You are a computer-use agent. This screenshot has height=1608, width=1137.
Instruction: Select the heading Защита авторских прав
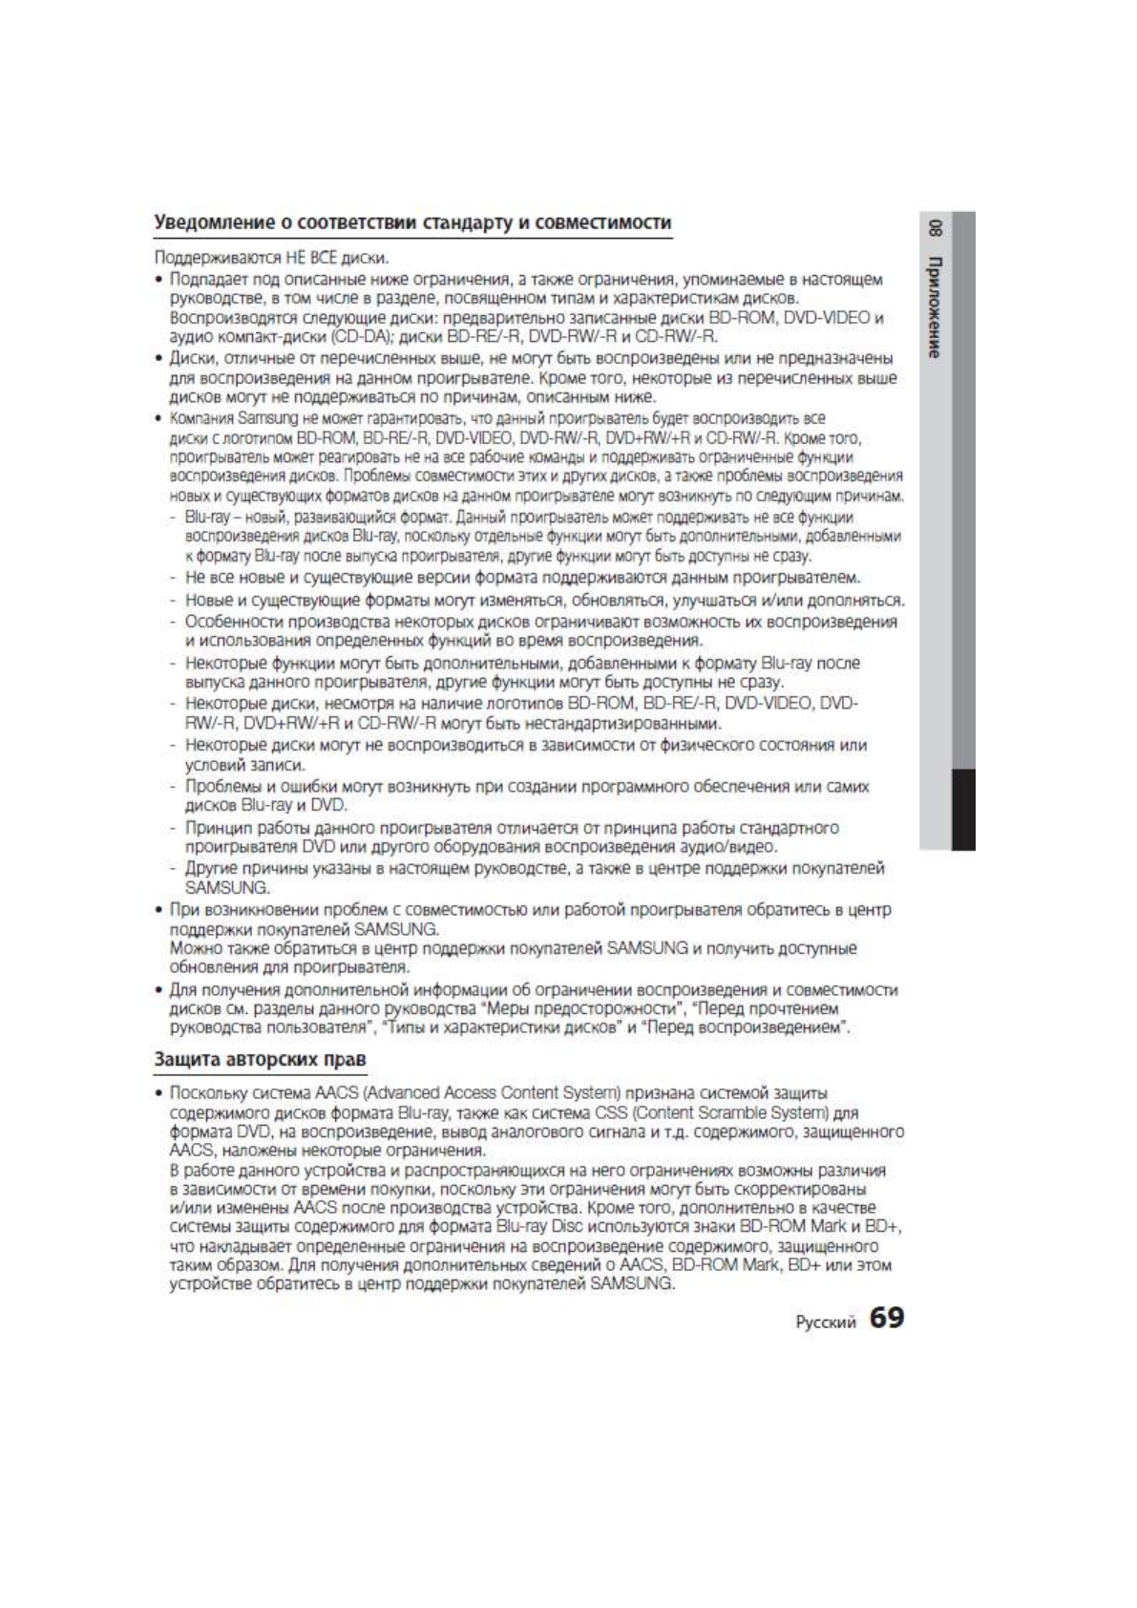[261, 1059]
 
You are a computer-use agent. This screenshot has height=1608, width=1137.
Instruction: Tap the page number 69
[886, 1319]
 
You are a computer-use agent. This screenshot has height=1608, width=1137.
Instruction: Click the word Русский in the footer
[826, 1322]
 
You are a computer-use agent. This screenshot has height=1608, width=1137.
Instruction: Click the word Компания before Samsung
[202, 418]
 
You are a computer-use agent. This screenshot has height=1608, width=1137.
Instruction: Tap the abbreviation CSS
[610, 1112]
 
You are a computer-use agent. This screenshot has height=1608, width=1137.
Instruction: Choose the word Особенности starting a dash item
[232, 622]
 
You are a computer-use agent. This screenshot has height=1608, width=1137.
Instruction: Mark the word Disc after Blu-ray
[562, 1226]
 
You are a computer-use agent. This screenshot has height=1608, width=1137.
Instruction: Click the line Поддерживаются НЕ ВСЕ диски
[271, 258]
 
